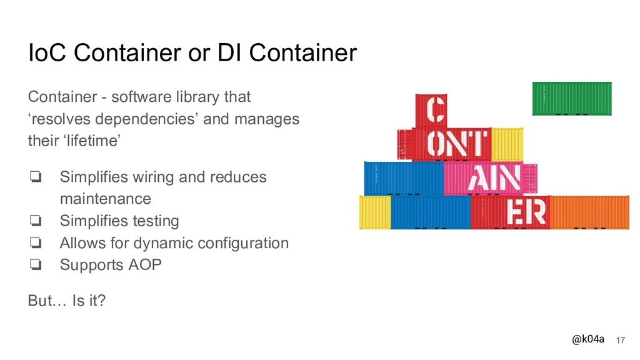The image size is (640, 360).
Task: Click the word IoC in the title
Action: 47,54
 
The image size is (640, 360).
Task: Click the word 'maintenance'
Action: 105,199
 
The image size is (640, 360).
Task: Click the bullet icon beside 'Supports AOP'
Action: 35,265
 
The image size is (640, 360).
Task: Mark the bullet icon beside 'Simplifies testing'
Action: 35,221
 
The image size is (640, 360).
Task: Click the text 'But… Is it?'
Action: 67,301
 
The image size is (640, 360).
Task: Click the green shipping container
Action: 571,98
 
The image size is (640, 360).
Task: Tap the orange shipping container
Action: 588,212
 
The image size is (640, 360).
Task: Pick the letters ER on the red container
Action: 526,212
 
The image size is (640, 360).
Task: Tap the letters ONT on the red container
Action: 455,144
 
